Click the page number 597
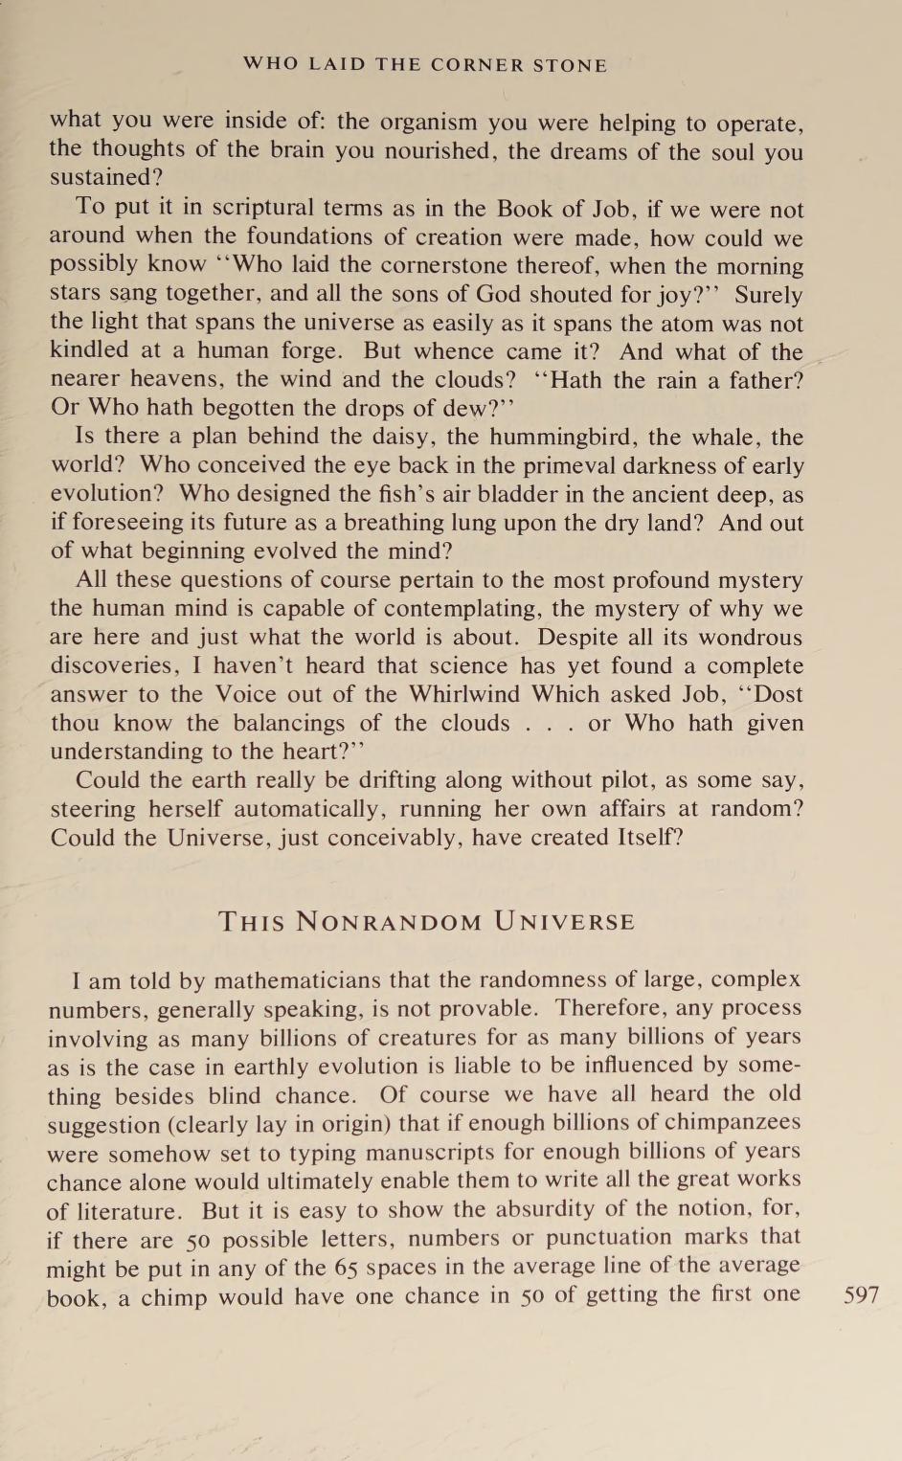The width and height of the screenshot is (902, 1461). click(x=861, y=1296)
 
